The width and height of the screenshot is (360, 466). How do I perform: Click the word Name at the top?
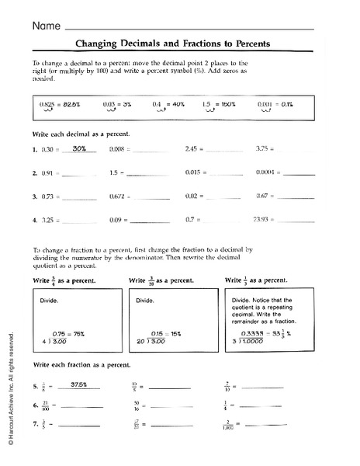click(x=46, y=26)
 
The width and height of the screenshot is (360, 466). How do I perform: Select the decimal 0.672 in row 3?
click(x=119, y=196)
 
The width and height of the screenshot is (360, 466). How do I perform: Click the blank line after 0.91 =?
click(x=80, y=175)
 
